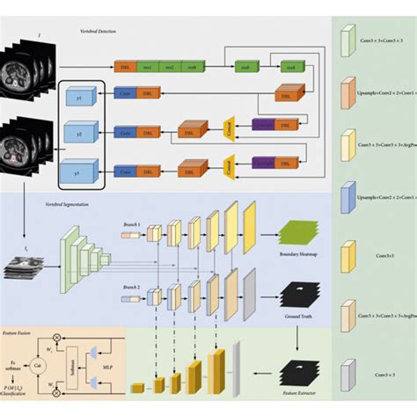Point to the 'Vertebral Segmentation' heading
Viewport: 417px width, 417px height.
(x=69, y=205)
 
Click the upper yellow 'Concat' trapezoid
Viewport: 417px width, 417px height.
(x=230, y=128)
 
